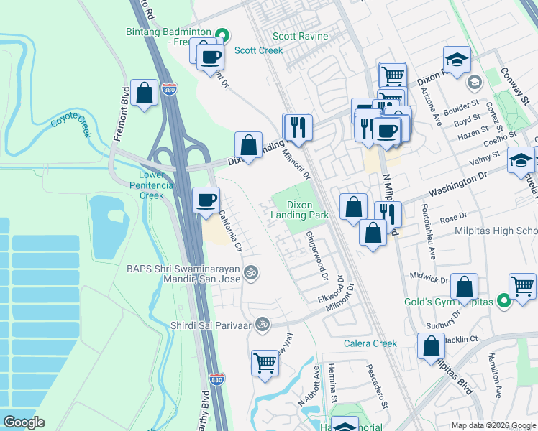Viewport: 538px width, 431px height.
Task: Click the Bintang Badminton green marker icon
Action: (x=223, y=33)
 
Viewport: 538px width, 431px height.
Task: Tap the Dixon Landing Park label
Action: (x=299, y=210)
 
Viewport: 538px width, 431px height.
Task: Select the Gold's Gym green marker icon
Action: (x=504, y=302)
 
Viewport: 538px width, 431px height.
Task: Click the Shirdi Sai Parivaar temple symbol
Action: (x=263, y=324)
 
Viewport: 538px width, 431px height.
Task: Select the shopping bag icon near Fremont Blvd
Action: (x=145, y=93)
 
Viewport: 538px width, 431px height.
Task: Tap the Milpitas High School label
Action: (x=496, y=231)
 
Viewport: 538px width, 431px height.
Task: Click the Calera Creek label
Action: (x=370, y=343)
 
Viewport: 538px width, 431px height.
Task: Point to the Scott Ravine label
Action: (x=300, y=37)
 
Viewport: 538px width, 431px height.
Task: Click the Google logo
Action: (x=24, y=422)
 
